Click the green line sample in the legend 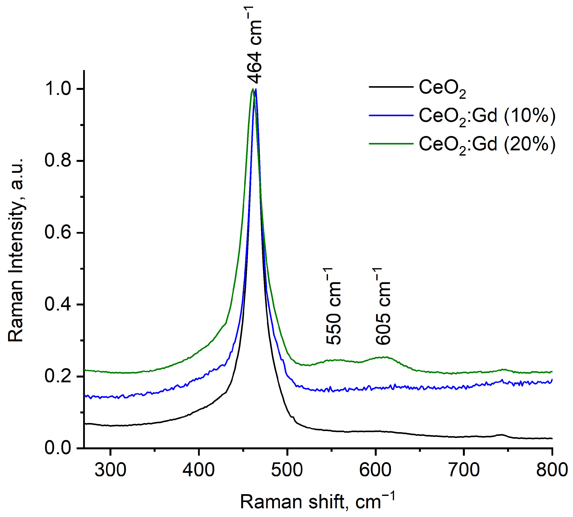coord(391,144)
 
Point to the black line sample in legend coord(391,87)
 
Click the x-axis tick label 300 coord(110,470)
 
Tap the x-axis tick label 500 coord(287,470)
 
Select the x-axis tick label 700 coord(464,470)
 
